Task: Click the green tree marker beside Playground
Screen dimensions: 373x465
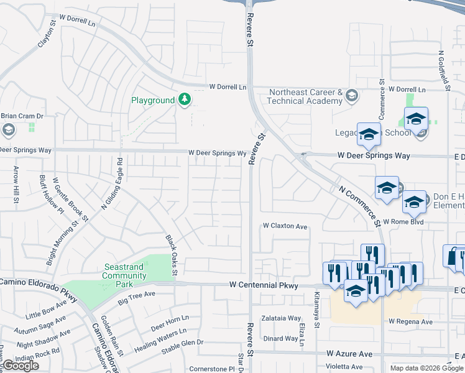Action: click(x=185, y=99)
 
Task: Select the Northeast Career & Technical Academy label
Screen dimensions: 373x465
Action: click(x=305, y=96)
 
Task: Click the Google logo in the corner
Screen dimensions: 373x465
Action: click(x=21, y=366)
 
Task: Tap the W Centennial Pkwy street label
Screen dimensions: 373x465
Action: click(x=264, y=285)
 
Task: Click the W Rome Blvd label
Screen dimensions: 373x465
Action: click(x=402, y=221)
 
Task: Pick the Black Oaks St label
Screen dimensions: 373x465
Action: click(x=172, y=255)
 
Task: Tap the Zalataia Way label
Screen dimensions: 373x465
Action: click(x=280, y=317)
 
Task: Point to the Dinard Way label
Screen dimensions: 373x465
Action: click(x=280, y=339)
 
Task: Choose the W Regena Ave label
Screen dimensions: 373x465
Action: click(x=410, y=322)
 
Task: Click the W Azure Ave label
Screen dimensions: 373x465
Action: click(x=349, y=354)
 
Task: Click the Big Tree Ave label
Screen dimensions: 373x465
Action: click(x=136, y=302)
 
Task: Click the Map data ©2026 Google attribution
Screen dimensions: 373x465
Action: click(x=426, y=368)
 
